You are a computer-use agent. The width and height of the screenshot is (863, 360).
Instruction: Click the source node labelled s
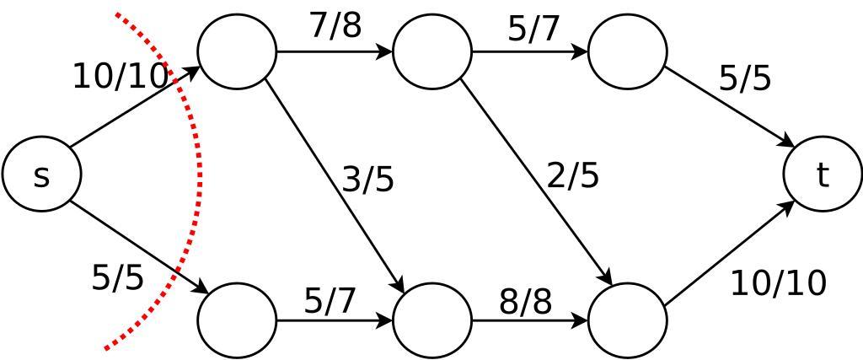41,175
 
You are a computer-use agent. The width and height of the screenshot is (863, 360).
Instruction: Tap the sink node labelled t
822,175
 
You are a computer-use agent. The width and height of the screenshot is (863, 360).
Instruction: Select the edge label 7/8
335,25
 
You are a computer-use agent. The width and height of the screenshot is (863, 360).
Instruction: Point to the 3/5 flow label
368,180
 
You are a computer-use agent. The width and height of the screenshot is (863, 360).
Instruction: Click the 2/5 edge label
573,175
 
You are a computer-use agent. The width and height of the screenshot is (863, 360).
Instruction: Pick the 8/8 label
525,301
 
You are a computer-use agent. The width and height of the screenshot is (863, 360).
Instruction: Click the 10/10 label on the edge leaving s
121,77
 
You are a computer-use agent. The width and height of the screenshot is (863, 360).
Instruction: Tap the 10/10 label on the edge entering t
778,283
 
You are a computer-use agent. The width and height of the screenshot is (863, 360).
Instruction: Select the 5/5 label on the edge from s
117,277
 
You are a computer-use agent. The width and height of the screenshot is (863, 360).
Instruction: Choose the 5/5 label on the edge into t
745,78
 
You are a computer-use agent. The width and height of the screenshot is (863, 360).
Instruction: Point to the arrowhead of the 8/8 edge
581,320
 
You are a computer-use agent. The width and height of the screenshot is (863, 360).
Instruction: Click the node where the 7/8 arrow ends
432,51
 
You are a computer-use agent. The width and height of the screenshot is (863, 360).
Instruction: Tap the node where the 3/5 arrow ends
432,320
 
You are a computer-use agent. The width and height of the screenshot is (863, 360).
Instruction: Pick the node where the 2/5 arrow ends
628,320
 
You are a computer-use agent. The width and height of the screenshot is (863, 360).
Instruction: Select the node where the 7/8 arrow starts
237,51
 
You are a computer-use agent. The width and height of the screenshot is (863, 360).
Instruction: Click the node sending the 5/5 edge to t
628,51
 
